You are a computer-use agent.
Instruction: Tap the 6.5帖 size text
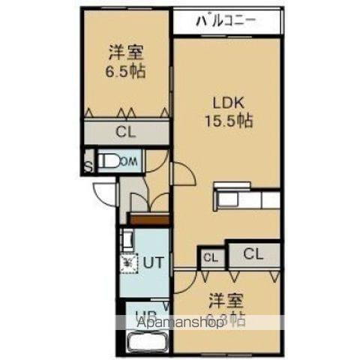(125, 72)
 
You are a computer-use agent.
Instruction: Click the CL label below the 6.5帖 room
(125, 134)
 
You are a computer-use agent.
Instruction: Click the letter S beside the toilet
(88, 166)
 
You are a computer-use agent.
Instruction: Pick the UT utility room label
(154, 262)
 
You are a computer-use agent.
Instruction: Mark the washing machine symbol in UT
(129, 262)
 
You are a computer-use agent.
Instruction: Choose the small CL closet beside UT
(211, 257)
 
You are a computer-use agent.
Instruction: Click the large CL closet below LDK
(253, 253)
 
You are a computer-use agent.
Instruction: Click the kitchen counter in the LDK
(247, 198)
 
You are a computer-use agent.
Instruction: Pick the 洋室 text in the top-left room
(125, 52)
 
